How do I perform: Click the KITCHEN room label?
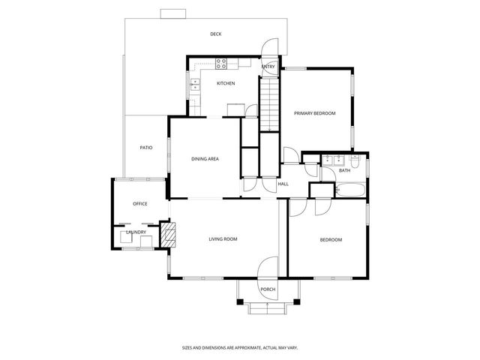226,83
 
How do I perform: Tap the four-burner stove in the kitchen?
221,63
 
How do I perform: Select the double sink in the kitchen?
195,85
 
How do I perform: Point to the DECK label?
215,34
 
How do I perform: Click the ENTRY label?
268,67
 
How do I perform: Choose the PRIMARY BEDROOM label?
314,112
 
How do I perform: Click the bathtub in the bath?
350,190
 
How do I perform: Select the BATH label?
344,171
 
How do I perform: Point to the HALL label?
283,184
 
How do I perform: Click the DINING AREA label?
205,159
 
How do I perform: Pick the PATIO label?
146,148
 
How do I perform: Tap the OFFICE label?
139,204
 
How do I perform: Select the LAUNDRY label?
136,232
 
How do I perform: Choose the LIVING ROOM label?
223,239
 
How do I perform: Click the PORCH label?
268,289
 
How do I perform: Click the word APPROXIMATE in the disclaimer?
238,348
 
